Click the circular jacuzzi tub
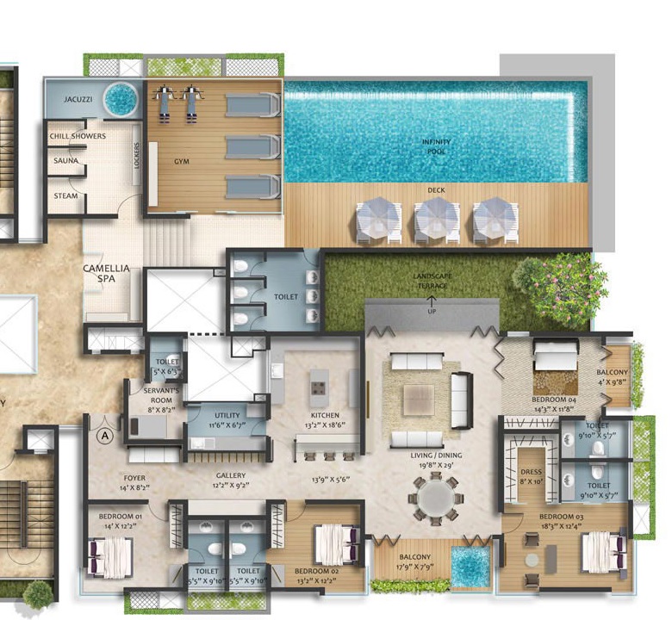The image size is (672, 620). [x=121, y=98]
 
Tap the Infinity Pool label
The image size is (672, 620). [x=437, y=146]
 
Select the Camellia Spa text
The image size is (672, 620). [x=106, y=274]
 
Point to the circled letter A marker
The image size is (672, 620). [x=106, y=436]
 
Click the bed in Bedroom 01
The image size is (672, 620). [x=109, y=555]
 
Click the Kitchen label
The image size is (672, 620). [x=326, y=415]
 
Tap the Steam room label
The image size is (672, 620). [x=65, y=195]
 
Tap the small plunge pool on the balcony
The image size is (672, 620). [x=470, y=565]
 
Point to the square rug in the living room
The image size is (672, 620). [x=419, y=397]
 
